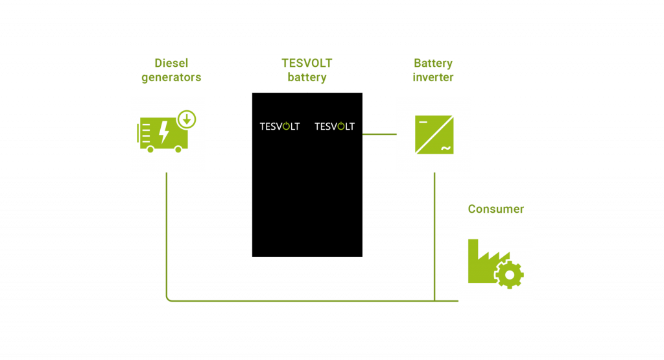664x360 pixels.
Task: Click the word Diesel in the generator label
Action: tap(171, 64)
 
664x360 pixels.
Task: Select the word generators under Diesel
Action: tap(171, 78)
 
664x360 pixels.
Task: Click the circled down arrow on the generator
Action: tap(187, 119)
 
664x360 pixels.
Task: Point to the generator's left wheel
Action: tap(150, 149)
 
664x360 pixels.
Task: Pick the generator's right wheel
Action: tap(178, 149)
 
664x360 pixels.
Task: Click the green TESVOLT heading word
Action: tap(307, 64)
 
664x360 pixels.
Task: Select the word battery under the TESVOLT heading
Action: tap(307, 78)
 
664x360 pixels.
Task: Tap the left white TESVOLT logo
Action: tap(279, 126)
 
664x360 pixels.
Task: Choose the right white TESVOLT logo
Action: tap(335, 126)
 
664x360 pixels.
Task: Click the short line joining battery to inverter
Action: tap(379, 134)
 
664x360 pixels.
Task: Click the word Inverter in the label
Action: tap(433, 78)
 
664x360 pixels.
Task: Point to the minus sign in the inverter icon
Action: tap(423, 122)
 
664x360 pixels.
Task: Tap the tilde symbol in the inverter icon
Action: tap(445, 149)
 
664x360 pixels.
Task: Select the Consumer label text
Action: tap(496, 209)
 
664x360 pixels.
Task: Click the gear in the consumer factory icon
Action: tap(510, 275)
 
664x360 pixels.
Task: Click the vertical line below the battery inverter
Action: tap(434, 234)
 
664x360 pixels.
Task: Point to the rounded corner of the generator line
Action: tap(169, 298)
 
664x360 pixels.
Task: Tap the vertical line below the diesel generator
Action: tap(167, 234)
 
